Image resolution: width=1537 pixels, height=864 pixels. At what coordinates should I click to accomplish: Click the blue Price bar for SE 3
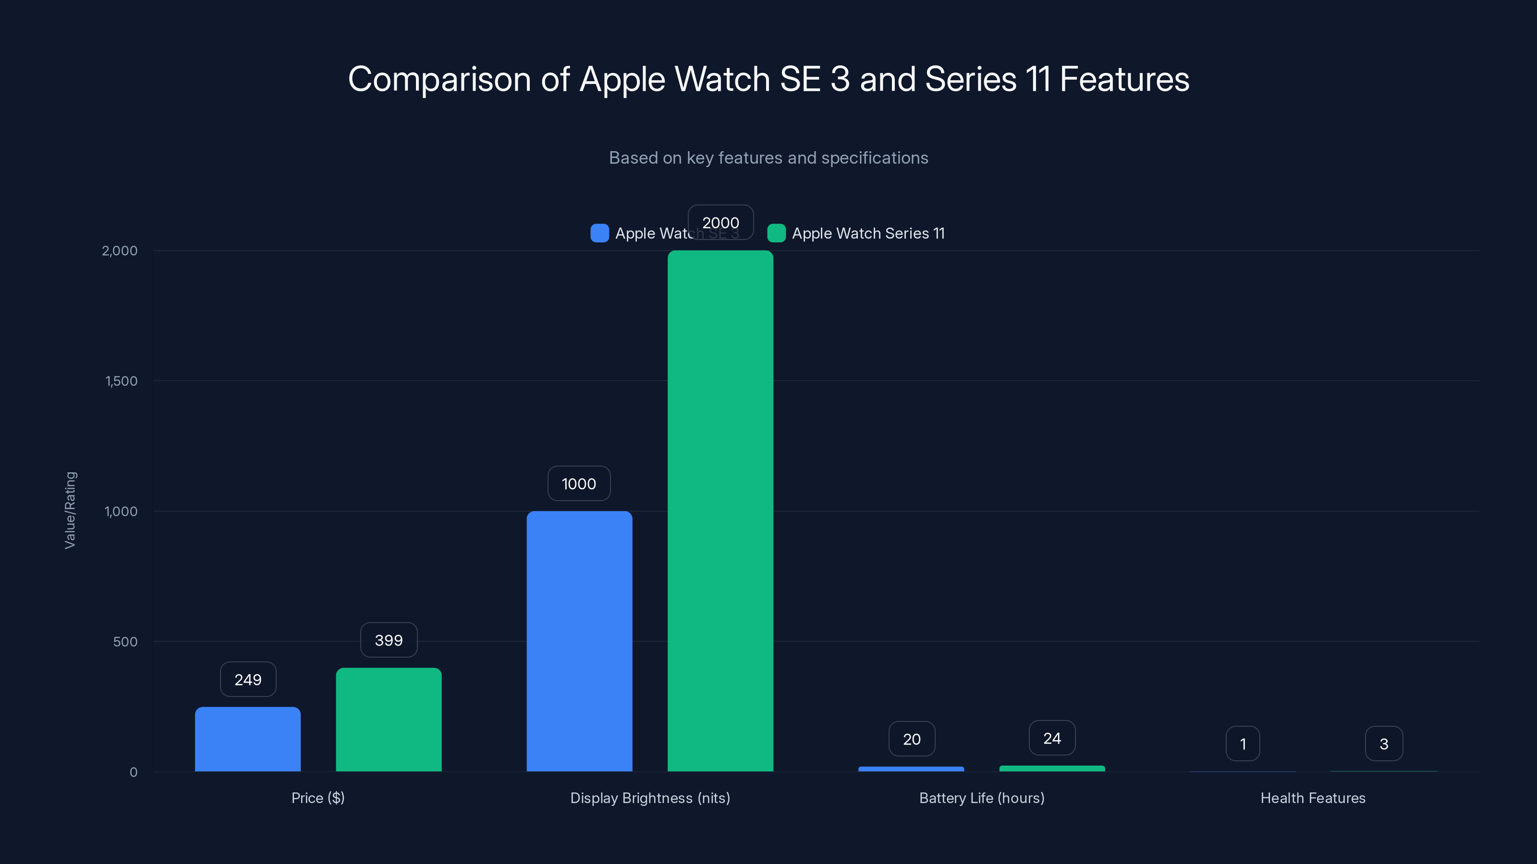(248, 739)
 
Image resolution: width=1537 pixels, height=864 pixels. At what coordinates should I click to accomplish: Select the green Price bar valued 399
(389, 719)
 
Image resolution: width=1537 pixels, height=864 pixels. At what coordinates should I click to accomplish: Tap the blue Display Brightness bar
(579, 641)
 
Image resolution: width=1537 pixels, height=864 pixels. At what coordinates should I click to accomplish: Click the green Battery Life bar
(1052, 768)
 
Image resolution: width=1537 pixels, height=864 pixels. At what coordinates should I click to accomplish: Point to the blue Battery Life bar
(911, 769)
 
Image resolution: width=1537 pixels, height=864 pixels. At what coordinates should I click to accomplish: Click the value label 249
(248, 680)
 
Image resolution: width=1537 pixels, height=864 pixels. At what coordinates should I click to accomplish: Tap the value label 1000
(579, 483)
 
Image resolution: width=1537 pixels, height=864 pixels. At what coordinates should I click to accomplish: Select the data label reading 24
(1052, 738)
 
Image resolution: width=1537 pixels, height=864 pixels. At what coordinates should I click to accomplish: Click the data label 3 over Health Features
(1384, 744)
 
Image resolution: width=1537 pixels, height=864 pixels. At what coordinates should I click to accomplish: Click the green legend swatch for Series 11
(776, 233)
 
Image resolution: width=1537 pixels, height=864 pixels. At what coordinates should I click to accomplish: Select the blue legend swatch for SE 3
(599, 233)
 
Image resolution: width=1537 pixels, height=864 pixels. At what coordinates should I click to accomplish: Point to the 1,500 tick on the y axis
(121, 381)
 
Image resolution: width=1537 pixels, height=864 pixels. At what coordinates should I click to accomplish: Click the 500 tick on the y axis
(125, 642)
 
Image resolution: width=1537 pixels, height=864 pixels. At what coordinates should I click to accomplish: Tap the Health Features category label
(1313, 798)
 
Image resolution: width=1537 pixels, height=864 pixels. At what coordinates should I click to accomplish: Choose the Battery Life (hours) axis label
(981, 798)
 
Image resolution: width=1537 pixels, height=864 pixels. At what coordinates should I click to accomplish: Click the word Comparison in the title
(439, 79)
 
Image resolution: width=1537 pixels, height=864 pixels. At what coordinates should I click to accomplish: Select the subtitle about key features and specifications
(768, 158)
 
